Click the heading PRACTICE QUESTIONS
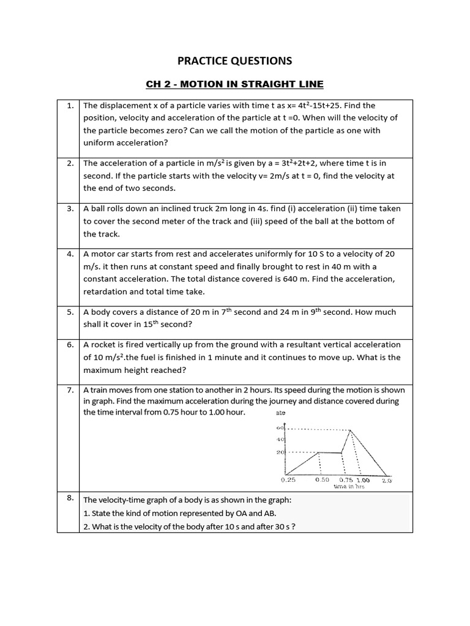pyautogui.click(x=234, y=61)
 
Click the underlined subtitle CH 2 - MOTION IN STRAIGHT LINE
pyautogui.click(x=234, y=84)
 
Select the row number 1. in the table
pyautogui.click(x=70, y=106)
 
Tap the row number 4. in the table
pyautogui.click(x=70, y=254)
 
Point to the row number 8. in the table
pyautogui.click(x=70, y=498)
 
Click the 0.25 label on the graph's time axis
pyautogui.click(x=288, y=481)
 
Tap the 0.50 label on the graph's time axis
pyautogui.click(x=323, y=481)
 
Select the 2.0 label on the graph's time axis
pyautogui.click(x=387, y=481)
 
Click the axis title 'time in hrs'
pyautogui.click(x=349, y=487)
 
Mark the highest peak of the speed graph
pyautogui.click(x=350, y=429)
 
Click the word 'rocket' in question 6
pyautogui.click(x=105, y=345)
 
